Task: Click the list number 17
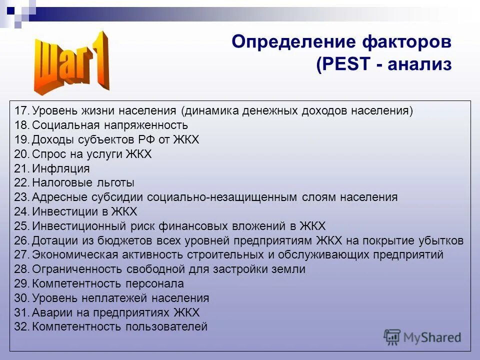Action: tap(22, 110)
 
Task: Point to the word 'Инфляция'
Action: tap(61, 168)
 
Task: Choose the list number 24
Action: tap(22, 211)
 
